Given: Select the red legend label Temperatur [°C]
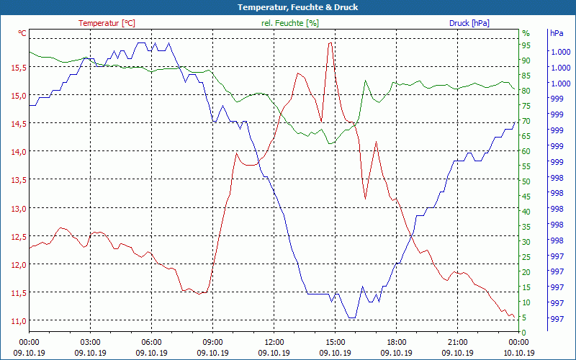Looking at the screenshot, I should (x=107, y=23).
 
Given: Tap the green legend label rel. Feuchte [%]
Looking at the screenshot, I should (x=289, y=23).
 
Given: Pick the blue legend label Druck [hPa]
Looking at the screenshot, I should (x=469, y=23).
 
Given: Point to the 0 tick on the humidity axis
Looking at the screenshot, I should (x=524, y=332).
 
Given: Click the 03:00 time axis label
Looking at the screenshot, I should (x=90, y=342).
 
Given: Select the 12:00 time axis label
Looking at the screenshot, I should (x=274, y=342).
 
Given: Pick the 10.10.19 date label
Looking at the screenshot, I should (x=519, y=353).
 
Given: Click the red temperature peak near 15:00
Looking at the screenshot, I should (x=330, y=43).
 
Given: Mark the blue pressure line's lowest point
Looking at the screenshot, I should (x=352, y=318).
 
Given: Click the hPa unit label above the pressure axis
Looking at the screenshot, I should (x=557, y=33).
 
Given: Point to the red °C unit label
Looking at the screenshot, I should (x=22, y=33).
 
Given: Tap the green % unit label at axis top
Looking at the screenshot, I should (x=526, y=33).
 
